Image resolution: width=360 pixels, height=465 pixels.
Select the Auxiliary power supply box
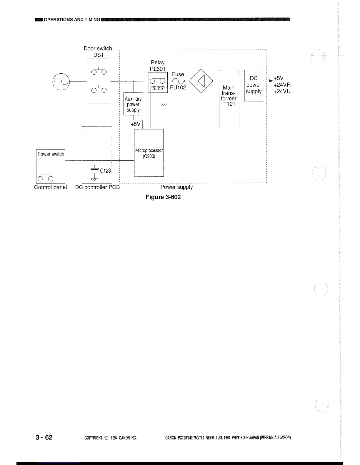[x=133, y=104]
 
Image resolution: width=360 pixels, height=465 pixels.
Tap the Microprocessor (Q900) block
[x=149, y=153]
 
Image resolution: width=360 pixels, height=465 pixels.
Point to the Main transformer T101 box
[x=229, y=99]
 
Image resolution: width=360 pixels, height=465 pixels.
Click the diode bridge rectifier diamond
[x=201, y=81]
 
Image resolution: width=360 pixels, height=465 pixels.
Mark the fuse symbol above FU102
[x=178, y=81]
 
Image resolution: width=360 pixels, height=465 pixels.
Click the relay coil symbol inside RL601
[x=158, y=89]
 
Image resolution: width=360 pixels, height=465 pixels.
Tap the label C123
[x=105, y=171]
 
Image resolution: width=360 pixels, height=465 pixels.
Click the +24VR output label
[x=282, y=85]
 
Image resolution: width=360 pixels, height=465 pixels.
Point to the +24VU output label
[x=282, y=91]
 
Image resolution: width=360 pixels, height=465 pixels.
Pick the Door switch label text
[x=98, y=48]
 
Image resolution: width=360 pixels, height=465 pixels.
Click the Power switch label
[x=51, y=154]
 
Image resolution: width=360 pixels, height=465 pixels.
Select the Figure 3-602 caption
[x=163, y=197]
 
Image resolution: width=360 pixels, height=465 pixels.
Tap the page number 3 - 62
[x=44, y=437]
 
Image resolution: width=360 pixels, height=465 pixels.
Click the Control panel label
[x=50, y=187]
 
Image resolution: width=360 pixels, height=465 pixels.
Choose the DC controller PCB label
[x=97, y=187]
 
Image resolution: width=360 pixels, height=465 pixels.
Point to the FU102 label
[x=178, y=87]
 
